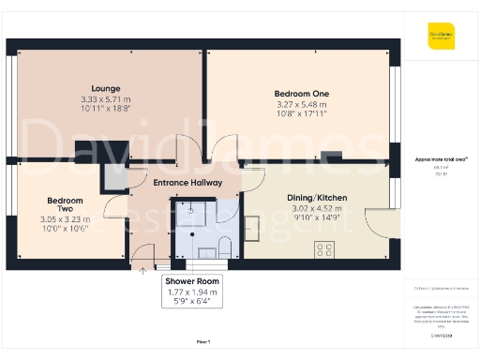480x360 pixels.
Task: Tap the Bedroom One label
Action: (301, 94)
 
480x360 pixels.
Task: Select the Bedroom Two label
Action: (66, 205)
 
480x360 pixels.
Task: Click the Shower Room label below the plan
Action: (191, 281)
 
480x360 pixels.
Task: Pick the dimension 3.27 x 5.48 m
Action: (301, 104)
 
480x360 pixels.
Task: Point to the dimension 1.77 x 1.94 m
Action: (191, 292)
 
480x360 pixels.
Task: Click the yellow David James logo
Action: (440, 40)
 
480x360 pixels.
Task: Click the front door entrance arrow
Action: (142, 271)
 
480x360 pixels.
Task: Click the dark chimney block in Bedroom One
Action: (331, 157)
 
